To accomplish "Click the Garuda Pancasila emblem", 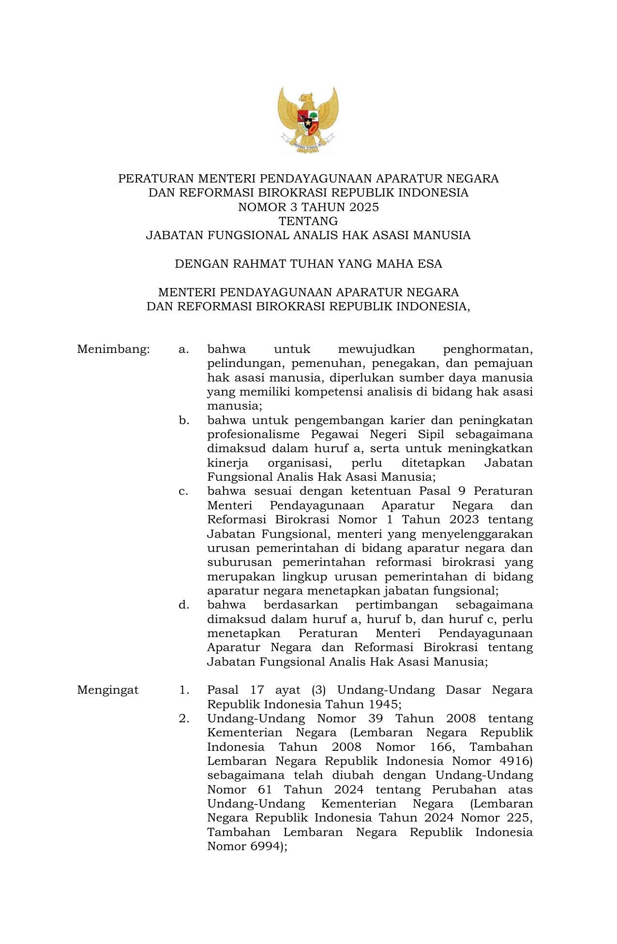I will click(308, 120).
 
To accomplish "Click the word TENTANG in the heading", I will click(308, 221).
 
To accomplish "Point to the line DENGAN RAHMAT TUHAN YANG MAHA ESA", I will click(308, 264).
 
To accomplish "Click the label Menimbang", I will click(113, 349).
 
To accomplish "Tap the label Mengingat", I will click(107, 690).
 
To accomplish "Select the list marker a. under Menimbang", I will click(183, 349).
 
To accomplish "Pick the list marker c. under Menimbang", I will click(183, 491).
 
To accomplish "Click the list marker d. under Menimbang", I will click(183, 605).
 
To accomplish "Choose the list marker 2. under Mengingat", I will click(184, 718).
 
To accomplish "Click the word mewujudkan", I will click(376, 349).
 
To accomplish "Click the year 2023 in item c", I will click(464, 520).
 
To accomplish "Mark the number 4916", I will click(513, 761).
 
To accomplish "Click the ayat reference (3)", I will click(318, 690).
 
